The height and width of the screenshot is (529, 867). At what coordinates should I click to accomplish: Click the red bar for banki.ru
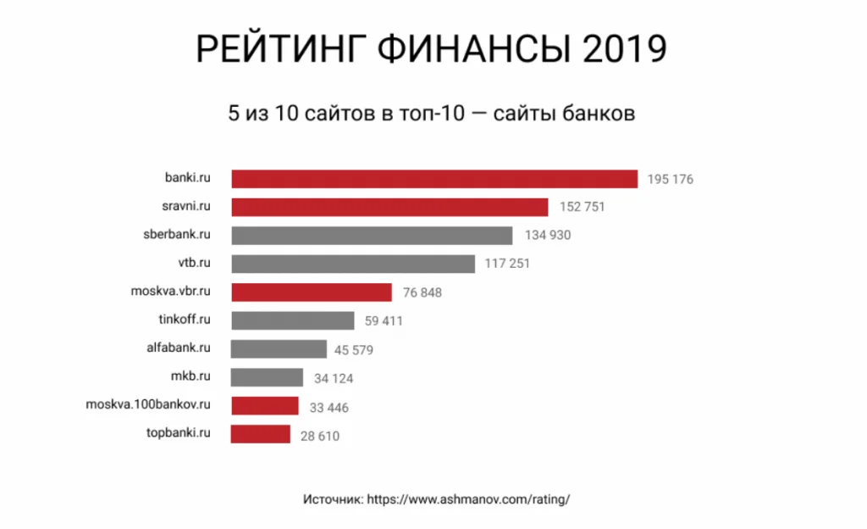click(x=433, y=179)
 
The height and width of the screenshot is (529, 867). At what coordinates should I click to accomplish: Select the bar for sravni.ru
click(x=389, y=207)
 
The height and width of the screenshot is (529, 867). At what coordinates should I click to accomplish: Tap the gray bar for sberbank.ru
click(x=371, y=235)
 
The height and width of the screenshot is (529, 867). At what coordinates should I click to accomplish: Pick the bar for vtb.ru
click(x=352, y=264)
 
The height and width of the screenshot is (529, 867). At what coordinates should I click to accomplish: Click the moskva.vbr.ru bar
click(x=311, y=292)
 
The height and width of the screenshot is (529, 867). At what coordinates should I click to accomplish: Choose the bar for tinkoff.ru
click(x=292, y=320)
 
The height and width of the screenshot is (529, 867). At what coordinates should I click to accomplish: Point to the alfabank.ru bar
click(x=278, y=349)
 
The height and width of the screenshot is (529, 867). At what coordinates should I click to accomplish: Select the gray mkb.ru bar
click(x=266, y=377)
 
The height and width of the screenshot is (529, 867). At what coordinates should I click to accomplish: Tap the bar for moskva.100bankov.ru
click(x=264, y=406)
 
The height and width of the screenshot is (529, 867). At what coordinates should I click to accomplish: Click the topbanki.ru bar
click(x=261, y=434)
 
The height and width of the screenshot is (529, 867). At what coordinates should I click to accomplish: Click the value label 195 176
click(x=670, y=180)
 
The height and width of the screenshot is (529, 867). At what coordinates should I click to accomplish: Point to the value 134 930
click(x=548, y=236)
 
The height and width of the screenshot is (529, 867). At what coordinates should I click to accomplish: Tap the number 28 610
click(x=322, y=436)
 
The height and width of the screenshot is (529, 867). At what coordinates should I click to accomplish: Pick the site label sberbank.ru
click(x=176, y=234)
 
